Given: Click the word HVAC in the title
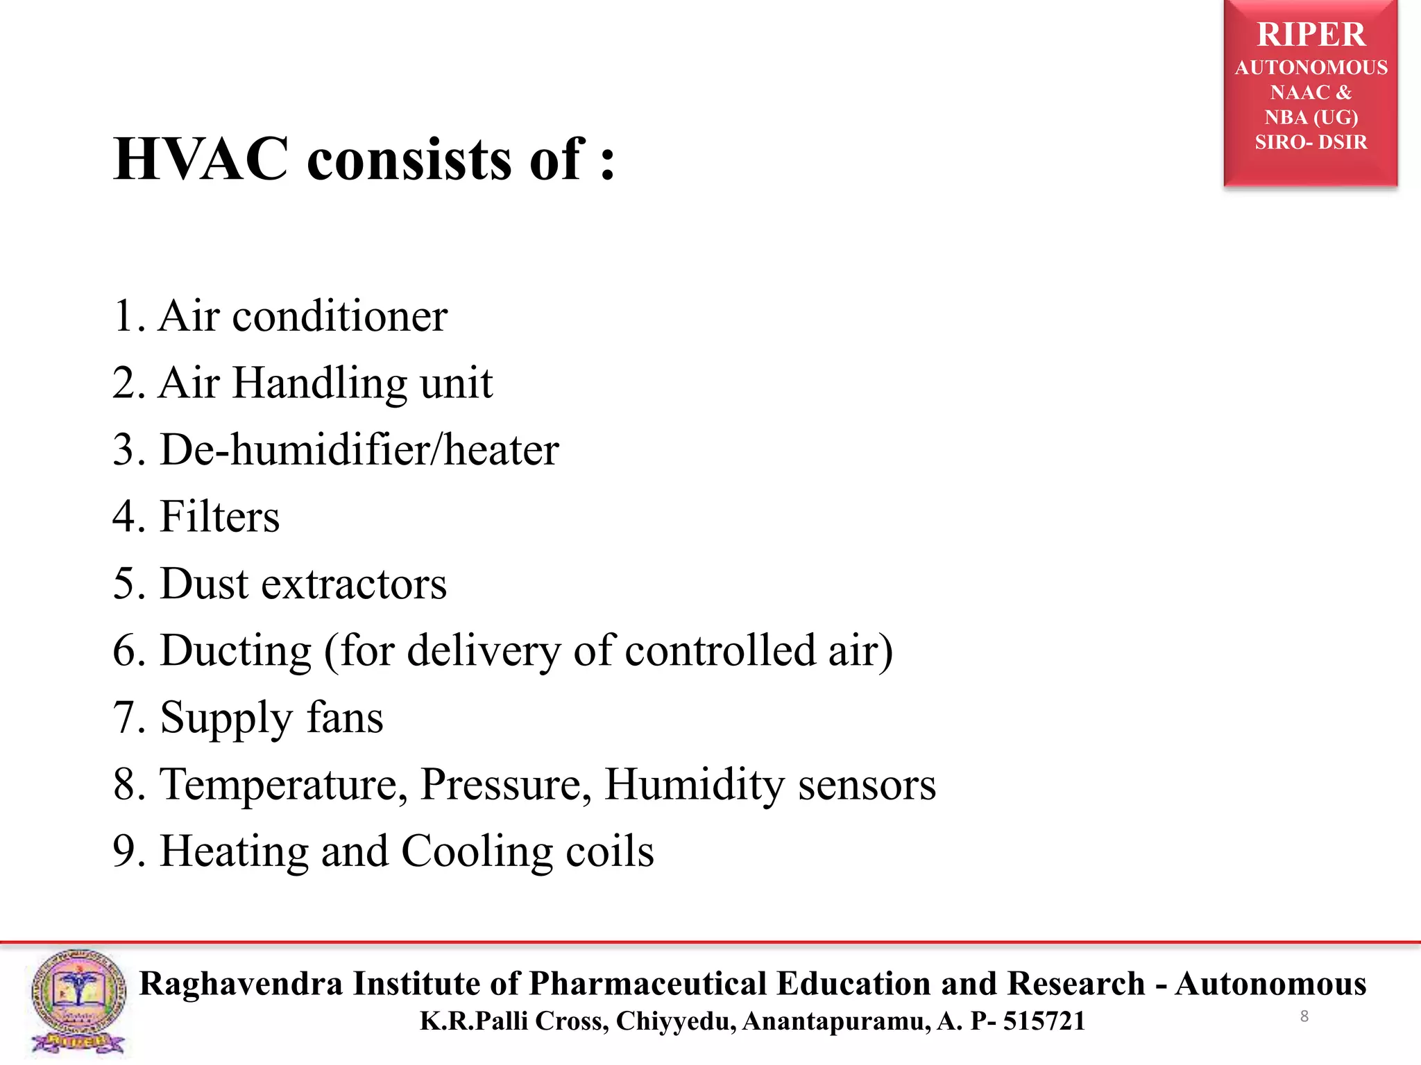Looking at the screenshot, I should pos(201,159).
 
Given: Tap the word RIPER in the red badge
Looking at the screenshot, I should pos(1311,35).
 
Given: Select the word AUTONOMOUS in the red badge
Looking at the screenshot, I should pos(1311,68).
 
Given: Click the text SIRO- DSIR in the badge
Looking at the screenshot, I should pos(1311,142).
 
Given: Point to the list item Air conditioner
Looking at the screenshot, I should pos(303,316).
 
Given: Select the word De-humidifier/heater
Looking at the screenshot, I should pos(359,450).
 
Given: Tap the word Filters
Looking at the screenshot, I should pos(220,517).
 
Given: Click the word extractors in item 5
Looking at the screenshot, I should pos(354,584).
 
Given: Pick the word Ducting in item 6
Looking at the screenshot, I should pos(236,651).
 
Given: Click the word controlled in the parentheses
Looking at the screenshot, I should pos(720,650).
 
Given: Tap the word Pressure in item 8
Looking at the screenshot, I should pos(506,785).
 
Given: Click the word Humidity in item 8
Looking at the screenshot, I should pos(695,785).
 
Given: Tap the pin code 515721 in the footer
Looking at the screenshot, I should pos(1044,1021).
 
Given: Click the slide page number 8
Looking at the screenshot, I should pos(1304,1016).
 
